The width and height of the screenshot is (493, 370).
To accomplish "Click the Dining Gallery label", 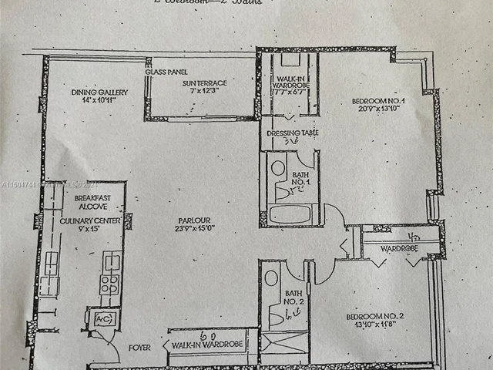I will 99,92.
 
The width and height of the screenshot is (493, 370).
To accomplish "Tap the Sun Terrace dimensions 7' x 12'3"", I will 200,91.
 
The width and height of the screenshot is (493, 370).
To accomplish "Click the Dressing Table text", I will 289,133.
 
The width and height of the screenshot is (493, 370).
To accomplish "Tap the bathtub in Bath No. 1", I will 293,214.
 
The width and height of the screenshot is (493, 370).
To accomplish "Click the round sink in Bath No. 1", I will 278,168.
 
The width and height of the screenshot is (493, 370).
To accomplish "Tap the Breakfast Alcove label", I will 93,203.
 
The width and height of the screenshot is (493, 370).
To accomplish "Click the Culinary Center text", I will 86,220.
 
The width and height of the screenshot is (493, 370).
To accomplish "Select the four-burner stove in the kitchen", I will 109,284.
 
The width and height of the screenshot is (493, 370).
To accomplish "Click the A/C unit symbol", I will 102,318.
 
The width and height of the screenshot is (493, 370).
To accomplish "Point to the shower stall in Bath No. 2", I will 283,342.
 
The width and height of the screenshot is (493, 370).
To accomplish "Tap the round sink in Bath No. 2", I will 271,278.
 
